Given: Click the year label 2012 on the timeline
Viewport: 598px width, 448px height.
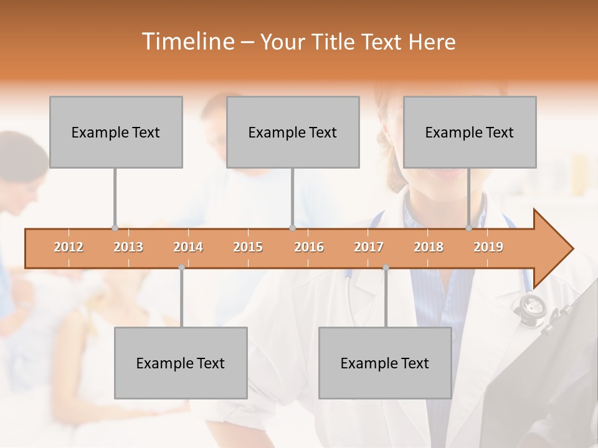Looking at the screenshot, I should [x=69, y=247].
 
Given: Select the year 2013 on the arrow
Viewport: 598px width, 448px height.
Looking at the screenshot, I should [x=128, y=247].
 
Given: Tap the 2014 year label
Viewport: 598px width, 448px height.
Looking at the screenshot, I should [x=188, y=247].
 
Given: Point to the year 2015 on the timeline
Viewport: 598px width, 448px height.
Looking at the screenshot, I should [x=248, y=247].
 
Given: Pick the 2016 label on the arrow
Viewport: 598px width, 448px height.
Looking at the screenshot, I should [x=309, y=247].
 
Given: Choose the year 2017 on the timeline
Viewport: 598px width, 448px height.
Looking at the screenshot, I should [x=369, y=247].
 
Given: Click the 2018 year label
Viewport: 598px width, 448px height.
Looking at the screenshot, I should [x=429, y=247].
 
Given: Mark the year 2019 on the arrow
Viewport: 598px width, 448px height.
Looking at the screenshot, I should [x=488, y=247].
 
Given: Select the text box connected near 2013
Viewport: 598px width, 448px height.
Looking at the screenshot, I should [x=116, y=132].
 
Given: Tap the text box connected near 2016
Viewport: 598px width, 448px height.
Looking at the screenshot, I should [x=293, y=132].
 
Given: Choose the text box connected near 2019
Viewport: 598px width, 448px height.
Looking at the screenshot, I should [x=470, y=132].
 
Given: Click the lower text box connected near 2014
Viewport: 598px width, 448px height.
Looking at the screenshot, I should [x=181, y=363].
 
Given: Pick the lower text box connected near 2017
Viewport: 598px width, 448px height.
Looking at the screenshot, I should [x=385, y=363].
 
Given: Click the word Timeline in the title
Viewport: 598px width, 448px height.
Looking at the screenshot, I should [x=187, y=42].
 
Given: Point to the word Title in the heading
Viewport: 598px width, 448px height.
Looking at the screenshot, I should [x=335, y=42].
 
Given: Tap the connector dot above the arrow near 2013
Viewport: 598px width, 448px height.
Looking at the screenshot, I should [x=115, y=228].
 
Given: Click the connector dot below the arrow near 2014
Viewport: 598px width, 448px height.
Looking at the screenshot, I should [x=181, y=268].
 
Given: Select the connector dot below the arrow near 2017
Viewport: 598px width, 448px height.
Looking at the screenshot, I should [x=386, y=268].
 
